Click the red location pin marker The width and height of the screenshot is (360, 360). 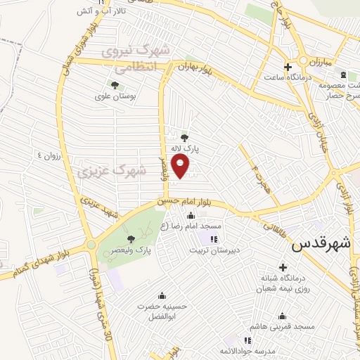pos(181,165)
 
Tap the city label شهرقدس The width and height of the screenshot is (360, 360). pos(320,245)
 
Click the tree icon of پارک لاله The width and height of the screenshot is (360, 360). pos(184,138)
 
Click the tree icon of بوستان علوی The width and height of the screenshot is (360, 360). pos(115,86)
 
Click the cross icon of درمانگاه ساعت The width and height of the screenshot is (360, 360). pos(287,67)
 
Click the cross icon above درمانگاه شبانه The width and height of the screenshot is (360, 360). pos(283,267)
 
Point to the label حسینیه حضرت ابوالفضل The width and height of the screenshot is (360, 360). pos(163,311)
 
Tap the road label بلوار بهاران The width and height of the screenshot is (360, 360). pos(195,67)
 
